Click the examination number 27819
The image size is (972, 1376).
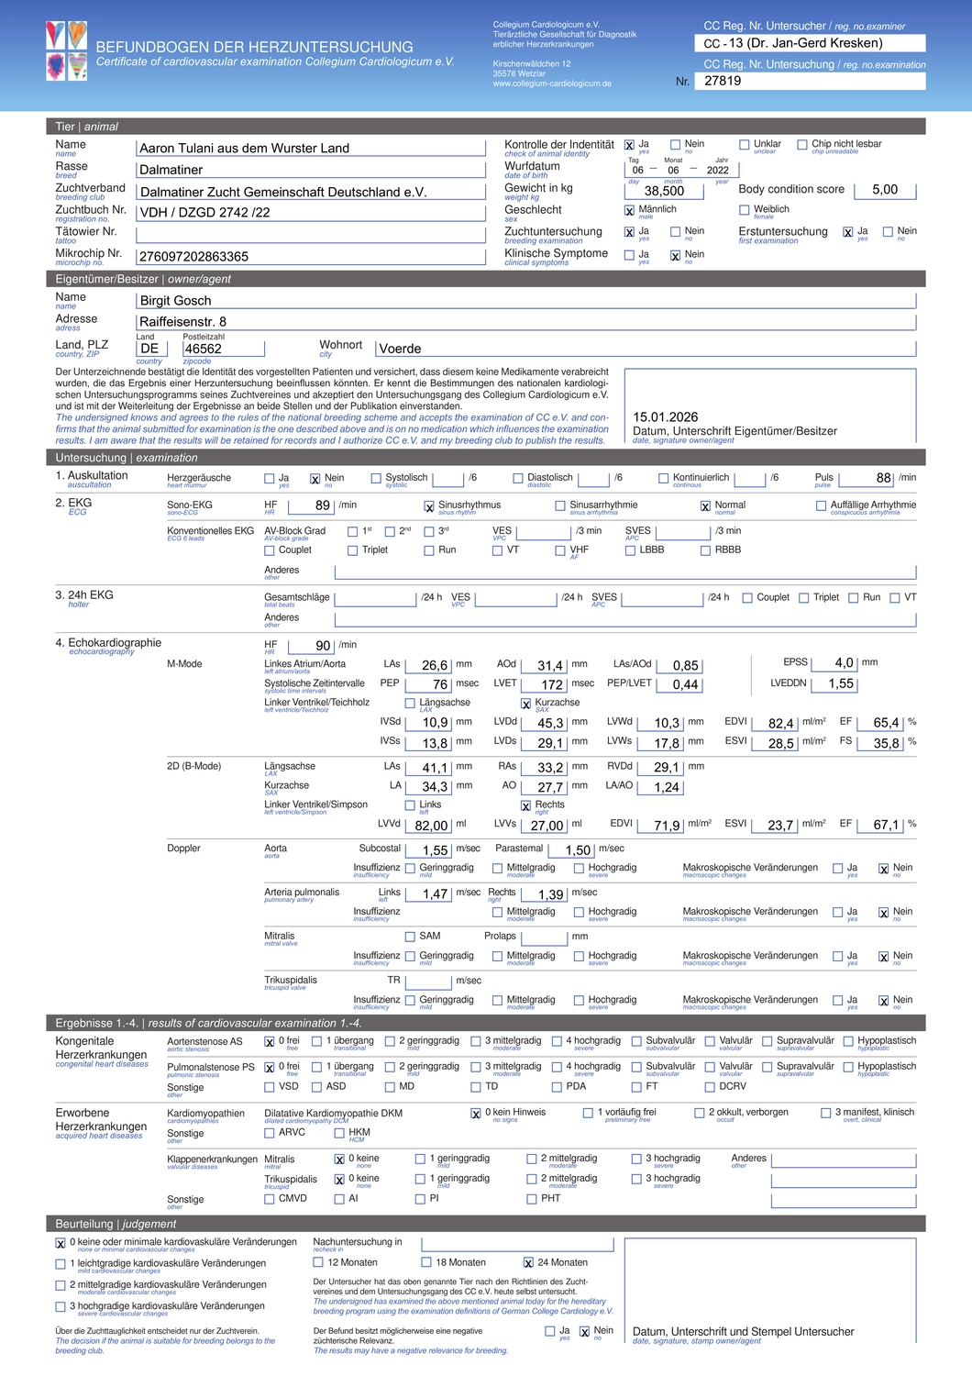(x=723, y=81)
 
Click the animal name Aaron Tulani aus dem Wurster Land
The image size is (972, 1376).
(x=244, y=149)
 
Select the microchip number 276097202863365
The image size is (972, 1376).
(x=193, y=257)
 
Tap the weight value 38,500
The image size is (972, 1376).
(x=664, y=191)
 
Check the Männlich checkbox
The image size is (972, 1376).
(x=629, y=211)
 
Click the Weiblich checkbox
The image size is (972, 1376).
(x=745, y=210)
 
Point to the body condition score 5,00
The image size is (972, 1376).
(x=885, y=190)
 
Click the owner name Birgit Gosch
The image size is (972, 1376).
(x=175, y=301)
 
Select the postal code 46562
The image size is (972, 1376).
(x=203, y=349)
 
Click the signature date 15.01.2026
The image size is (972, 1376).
(x=666, y=416)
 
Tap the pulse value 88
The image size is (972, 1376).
(x=883, y=478)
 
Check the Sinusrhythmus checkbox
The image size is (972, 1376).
(x=429, y=506)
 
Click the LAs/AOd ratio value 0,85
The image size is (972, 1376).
(x=685, y=666)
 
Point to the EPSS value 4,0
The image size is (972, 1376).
(x=844, y=662)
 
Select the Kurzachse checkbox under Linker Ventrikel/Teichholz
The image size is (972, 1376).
(x=526, y=704)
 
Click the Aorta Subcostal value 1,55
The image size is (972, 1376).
(x=435, y=850)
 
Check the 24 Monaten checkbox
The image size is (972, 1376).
(x=528, y=1263)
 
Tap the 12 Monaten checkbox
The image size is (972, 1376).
(x=318, y=1263)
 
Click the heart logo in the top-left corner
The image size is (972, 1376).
(x=67, y=50)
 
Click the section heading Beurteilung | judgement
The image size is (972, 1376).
(x=116, y=1224)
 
